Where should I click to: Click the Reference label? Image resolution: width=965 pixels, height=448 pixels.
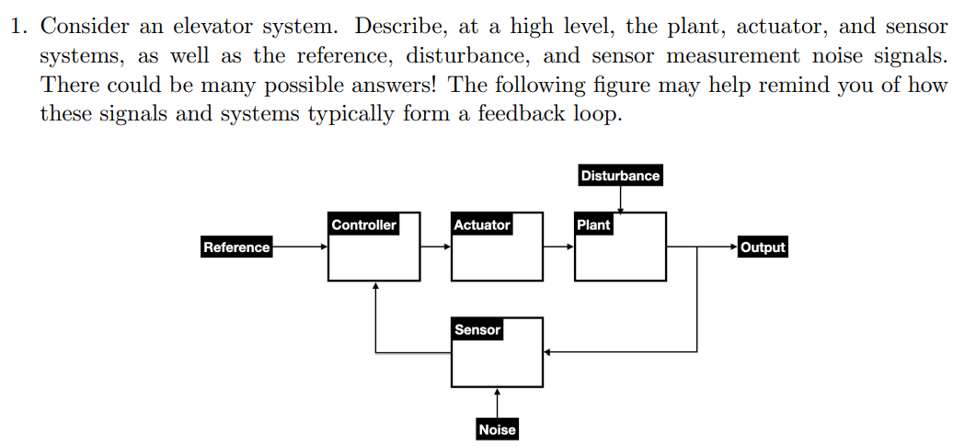click(x=236, y=247)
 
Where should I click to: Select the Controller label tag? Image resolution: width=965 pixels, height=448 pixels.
click(x=363, y=224)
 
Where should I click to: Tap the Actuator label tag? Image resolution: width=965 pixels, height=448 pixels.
click(x=481, y=224)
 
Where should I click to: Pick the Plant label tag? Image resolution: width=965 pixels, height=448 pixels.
click(x=592, y=224)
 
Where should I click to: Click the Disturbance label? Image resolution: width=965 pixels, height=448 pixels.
click(x=620, y=176)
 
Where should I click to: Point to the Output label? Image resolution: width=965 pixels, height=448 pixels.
click(x=763, y=247)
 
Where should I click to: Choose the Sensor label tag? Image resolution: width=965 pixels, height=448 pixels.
click(x=477, y=329)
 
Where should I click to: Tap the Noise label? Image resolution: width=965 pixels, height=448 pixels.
click(x=497, y=430)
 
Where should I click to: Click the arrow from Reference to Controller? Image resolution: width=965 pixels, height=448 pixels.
click(x=300, y=247)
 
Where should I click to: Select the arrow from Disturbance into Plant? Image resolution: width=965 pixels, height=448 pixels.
click(x=621, y=199)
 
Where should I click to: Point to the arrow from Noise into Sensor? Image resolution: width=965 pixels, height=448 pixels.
click(x=497, y=403)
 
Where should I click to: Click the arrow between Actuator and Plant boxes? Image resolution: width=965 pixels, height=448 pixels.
click(x=558, y=247)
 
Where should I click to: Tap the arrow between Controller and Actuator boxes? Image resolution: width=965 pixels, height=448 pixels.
click(x=436, y=247)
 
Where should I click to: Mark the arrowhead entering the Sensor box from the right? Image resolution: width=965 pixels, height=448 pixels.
click(x=547, y=351)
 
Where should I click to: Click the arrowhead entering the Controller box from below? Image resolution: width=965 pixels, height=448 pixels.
click(x=375, y=285)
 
